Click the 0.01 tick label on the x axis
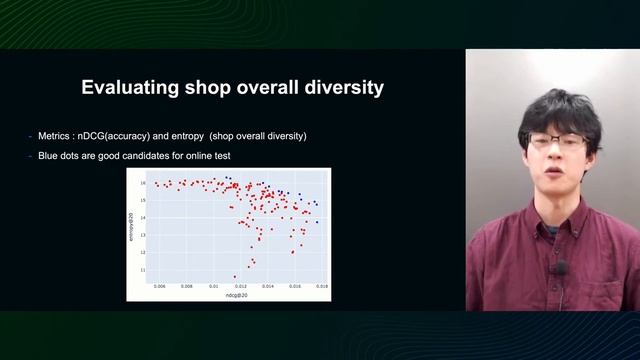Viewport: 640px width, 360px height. pyautogui.click(x=212, y=286)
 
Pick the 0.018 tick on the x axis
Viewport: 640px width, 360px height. pyautogui.click(x=321, y=286)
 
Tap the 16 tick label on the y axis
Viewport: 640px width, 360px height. pyautogui.click(x=143, y=183)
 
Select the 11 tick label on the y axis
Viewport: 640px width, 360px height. pyautogui.click(x=143, y=269)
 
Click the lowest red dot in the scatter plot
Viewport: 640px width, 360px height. pyautogui.click(x=235, y=276)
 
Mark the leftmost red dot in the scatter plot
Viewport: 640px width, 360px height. pyautogui.click(x=157, y=184)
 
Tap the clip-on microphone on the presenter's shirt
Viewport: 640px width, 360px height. pyautogui.click(x=562, y=268)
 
